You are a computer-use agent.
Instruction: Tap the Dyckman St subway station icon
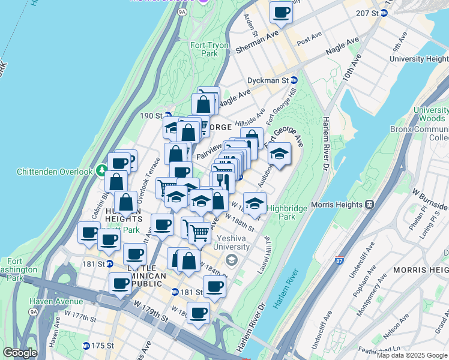(294, 80)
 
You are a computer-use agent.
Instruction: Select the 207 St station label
(367, 13)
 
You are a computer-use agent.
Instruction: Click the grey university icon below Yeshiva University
(232, 259)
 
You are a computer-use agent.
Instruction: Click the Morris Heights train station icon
(369, 204)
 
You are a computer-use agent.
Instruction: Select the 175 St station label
(102, 346)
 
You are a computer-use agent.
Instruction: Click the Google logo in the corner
(20, 352)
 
